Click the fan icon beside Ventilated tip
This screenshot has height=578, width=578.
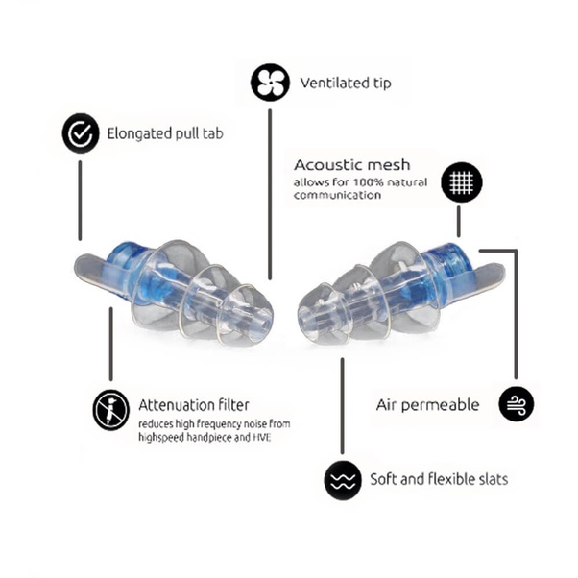pos(270,83)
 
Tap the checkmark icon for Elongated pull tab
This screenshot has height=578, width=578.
pos(81,133)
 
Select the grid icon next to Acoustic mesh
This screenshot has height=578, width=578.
pos(462,182)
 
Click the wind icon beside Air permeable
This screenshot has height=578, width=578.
pos(517,403)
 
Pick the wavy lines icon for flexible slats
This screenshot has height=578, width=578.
pos(343,480)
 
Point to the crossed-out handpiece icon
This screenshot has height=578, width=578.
pos(111,410)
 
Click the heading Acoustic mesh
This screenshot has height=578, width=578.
pos(351,165)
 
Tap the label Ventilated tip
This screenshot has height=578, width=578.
pos(346,83)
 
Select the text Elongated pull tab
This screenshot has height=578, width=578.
pos(165,133)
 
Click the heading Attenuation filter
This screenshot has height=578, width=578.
pos(194,405)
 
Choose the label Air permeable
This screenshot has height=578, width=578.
pos(427,405)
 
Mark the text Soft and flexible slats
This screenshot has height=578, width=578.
pos(439,479)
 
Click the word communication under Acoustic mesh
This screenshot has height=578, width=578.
pos(337,195)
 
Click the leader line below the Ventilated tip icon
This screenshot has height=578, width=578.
pos(270,194)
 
